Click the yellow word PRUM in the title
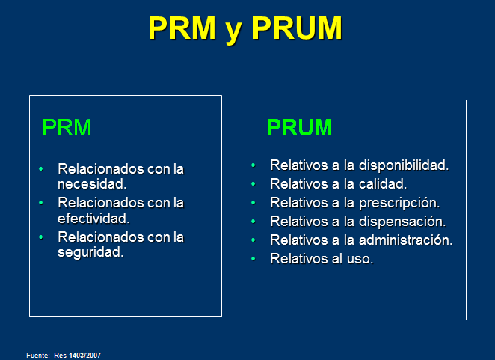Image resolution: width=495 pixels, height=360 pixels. [x=297, y=28]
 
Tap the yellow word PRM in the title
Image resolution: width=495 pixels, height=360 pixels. [x=182, y=28]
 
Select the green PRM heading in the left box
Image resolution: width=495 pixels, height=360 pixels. [x=67, y=127]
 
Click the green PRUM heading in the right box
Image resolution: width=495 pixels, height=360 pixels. [x=299, y=127]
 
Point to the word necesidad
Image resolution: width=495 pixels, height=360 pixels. [x=92, y=184]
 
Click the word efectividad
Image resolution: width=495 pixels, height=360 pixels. [x=93, y=218]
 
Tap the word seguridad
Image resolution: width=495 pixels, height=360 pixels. [x=90, y=252]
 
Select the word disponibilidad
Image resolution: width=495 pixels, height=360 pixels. [x=404, y=165]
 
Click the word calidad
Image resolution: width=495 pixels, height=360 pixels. [x=383, y=183]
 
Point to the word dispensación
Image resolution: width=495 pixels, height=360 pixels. [x=402, y=222]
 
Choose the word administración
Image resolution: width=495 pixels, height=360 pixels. [x=406, y=240]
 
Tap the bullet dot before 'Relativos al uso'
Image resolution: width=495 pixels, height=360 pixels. [x=253, y=259]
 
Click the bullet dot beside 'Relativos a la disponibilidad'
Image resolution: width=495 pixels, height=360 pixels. [x=253, y=165]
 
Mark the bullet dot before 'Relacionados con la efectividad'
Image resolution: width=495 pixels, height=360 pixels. [x=40, y=203]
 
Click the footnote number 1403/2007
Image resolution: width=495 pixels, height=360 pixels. [x=84, y=356]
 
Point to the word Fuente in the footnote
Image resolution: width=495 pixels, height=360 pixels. [x=38, y=356]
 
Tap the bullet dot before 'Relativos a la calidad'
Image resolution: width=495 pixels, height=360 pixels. [x=253, y=183]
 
